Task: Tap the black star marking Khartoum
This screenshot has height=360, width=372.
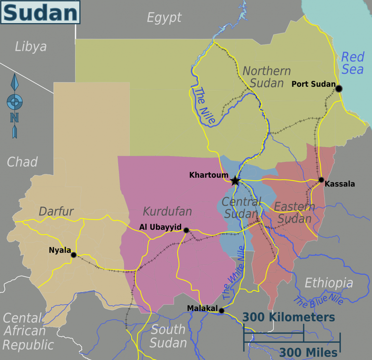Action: pos(235,181)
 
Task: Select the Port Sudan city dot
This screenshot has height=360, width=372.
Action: pos(339,89)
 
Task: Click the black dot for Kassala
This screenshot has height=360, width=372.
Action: pos(321,180)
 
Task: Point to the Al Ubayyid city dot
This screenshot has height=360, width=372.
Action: pos(186,230)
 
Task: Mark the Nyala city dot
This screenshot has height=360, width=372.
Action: pos(74,255)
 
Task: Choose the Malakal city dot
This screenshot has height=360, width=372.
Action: pos(221,311)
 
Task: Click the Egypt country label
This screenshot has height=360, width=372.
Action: pos(164,18)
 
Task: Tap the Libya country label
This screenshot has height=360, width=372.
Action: pos(31,47)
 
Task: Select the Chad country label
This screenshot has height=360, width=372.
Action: pos(22,161)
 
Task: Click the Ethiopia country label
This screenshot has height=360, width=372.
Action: pos(328,283)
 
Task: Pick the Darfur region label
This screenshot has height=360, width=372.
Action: pos(56,211)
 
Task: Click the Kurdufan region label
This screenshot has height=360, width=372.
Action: pos(167,212)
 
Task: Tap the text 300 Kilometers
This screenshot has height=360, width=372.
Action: pos(289,317)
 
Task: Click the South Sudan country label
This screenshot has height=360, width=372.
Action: pos(168,336)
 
